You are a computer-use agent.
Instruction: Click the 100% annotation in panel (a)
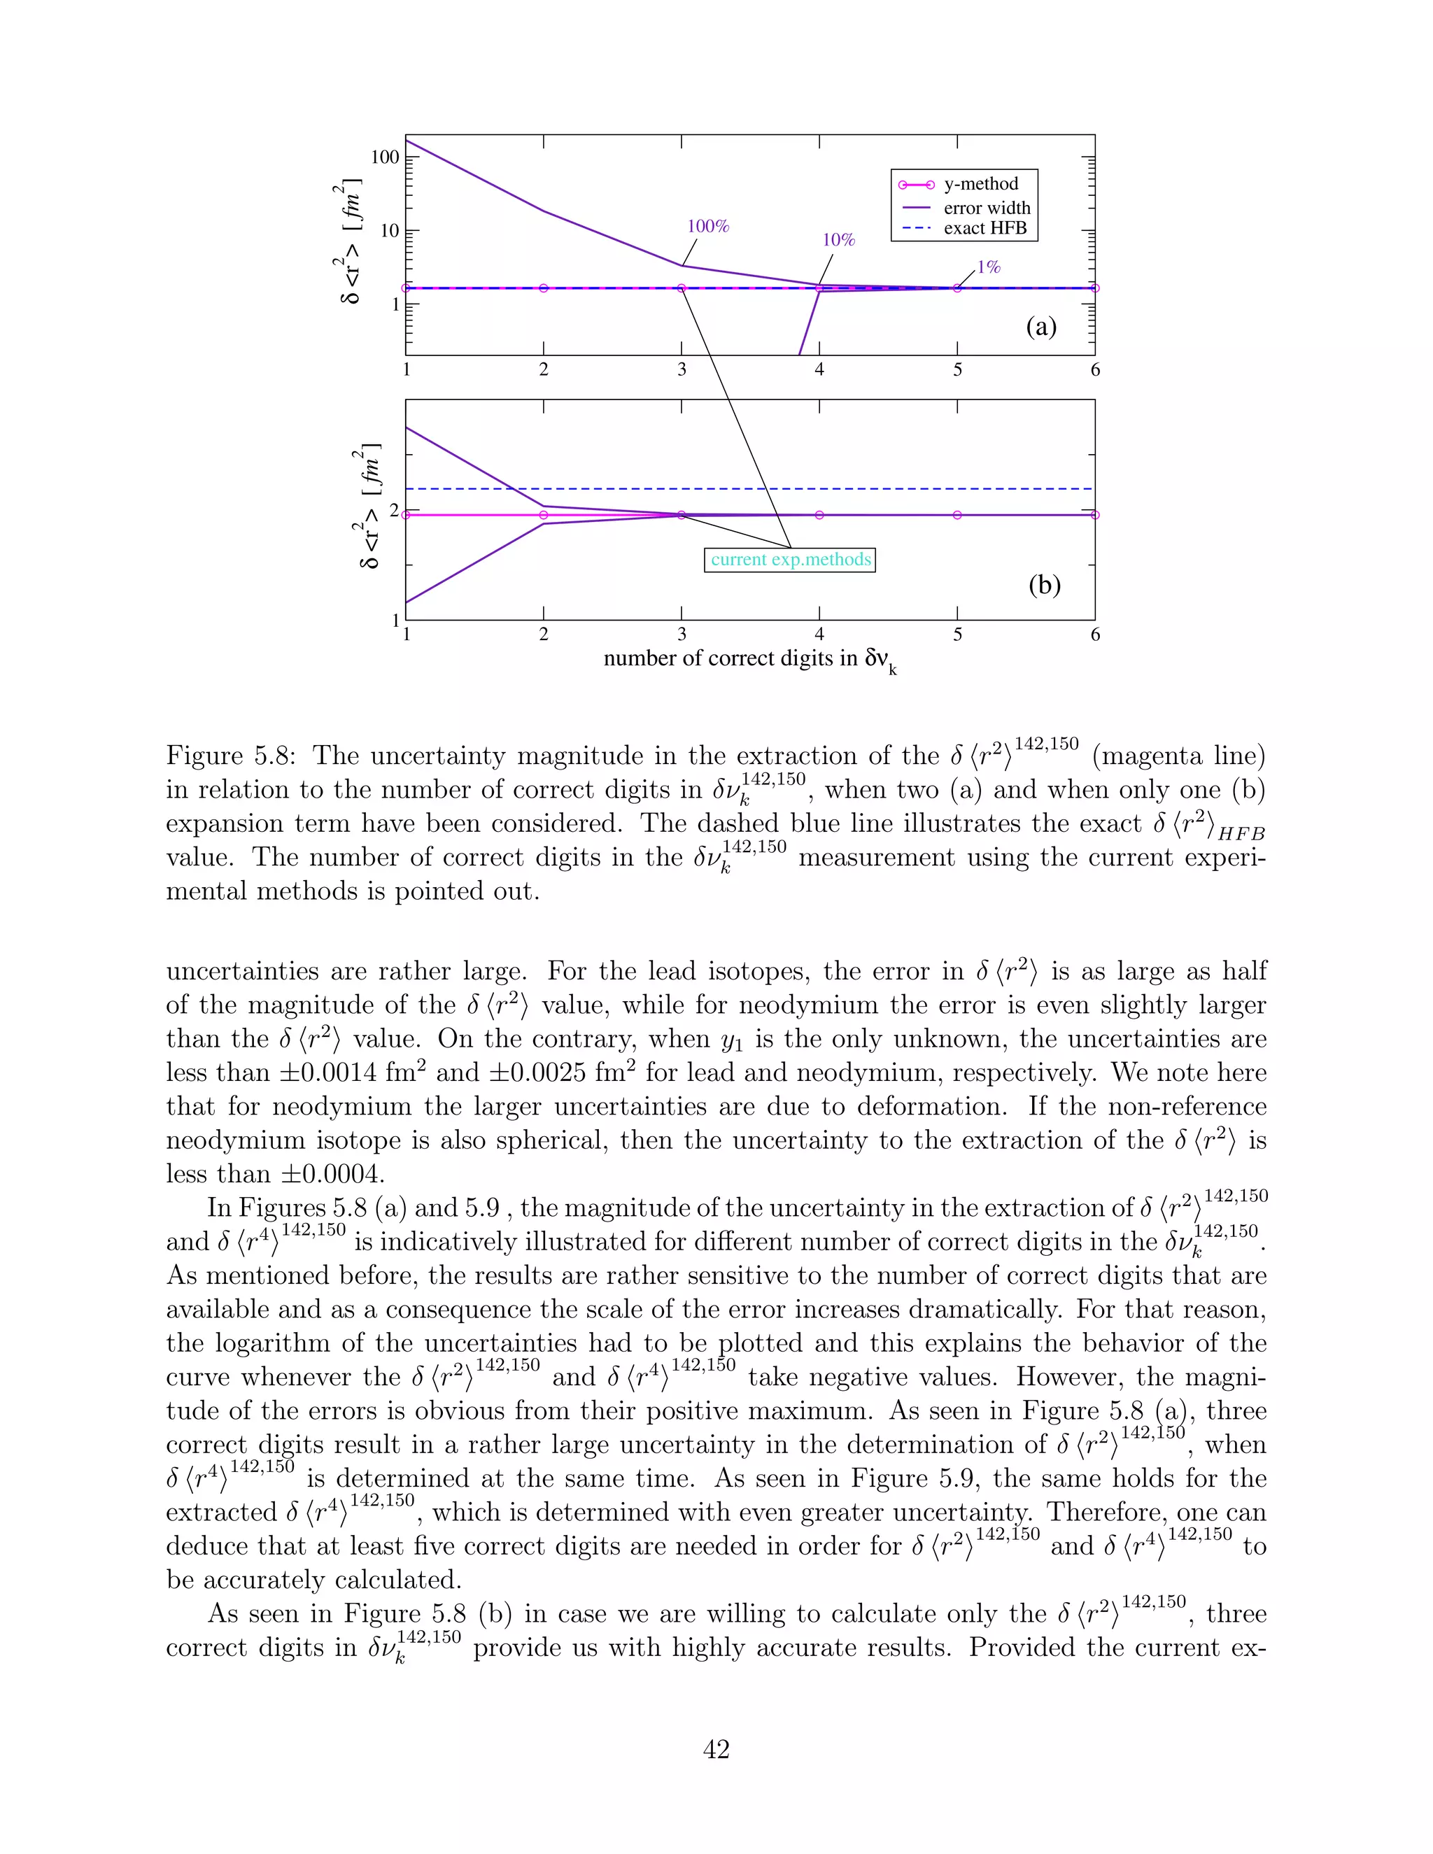coord(708,227)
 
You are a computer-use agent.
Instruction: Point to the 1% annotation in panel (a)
coord(988,267)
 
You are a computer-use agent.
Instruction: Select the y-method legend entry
coord(980,184)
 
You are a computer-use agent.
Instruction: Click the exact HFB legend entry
coord(984,228)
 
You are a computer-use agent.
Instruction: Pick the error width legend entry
coord(987,208)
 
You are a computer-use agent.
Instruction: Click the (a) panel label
coord(1040,327)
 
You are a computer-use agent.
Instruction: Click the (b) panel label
coord(1043,585)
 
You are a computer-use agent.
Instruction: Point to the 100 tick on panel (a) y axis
coord(385,157)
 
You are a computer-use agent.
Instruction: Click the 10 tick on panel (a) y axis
coord(389,231)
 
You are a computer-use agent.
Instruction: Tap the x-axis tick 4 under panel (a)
coord(819,369)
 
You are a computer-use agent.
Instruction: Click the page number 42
coord(716,1749)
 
